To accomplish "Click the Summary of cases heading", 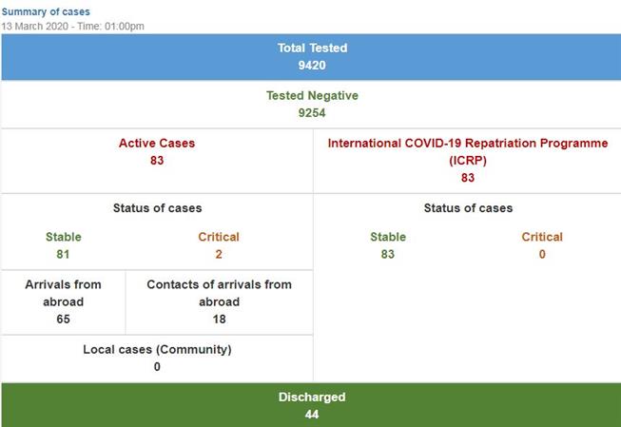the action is coord(46,11).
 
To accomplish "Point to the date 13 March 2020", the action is coord(34,27).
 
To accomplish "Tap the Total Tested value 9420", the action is coord(312,66).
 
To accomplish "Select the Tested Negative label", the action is coord(312,95).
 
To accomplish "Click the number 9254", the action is coord(312,113).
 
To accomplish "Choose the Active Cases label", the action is coord(157,143).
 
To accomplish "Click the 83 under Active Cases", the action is coord(157,161).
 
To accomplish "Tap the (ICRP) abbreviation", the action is coord(468,161).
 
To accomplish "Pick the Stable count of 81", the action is coord(63,254).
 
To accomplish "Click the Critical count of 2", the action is coord(219,254).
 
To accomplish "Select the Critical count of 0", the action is coord(542,254).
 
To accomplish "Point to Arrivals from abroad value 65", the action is coord(63,320).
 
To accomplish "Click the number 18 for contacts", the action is coord(219,320).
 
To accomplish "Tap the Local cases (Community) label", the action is coord(157,349).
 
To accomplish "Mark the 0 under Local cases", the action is coord(157,367).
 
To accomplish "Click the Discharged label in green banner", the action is coord(312,397).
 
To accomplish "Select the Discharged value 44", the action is coord(312,415).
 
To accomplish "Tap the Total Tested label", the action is coord(312,48).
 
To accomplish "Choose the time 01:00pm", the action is coord(125,27).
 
